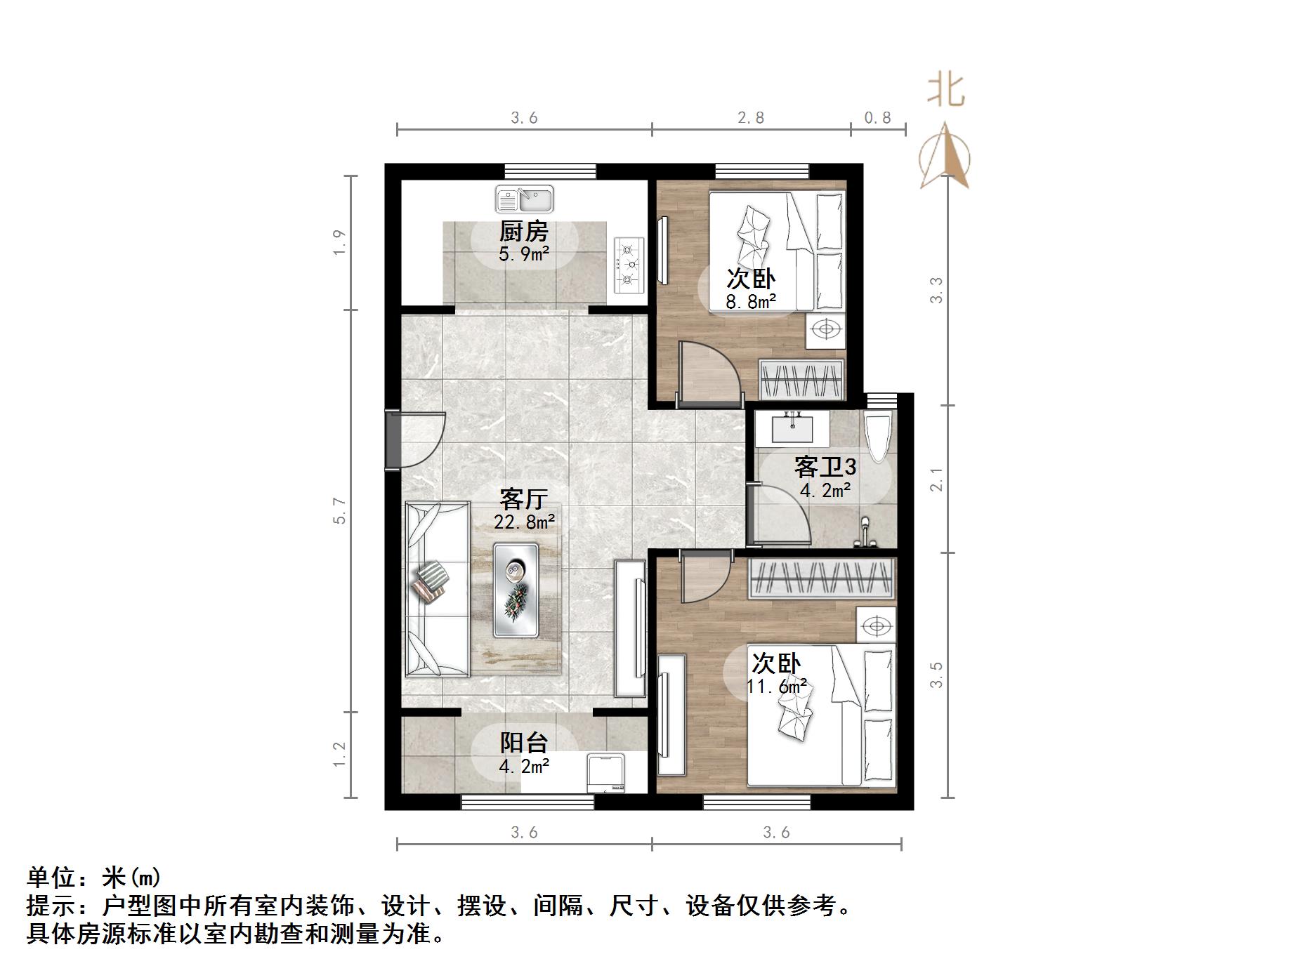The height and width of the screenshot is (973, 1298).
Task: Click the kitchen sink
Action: (x=524, y=199)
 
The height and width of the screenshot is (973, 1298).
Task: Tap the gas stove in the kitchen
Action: (x=629, y=265)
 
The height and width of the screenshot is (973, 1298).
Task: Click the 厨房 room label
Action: (x=523, y=231)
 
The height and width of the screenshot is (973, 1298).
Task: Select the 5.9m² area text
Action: (x=523, y=253)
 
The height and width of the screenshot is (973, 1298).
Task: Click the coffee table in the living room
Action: (x=516, y=590)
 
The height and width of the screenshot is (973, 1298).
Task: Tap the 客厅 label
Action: (x=523, y=499)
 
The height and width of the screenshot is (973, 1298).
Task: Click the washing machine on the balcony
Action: (x=609, y=773)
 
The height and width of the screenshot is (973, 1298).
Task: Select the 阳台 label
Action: (x=523, y=743)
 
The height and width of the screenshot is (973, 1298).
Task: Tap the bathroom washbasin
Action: (x=792, y=428)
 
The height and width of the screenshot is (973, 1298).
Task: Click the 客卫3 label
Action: (x=825, y=467)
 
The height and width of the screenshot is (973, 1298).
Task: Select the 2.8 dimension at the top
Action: (x=751, y=118)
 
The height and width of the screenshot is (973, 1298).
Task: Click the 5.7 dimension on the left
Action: (x=340, y=510)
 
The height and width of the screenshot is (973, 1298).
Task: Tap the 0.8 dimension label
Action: (x=877, y=118)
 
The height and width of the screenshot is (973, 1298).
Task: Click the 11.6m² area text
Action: (x=776, y=686)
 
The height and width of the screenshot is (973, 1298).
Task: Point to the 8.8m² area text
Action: (x=751, y=302)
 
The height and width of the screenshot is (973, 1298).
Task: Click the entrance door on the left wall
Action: (x=414, y=440)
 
